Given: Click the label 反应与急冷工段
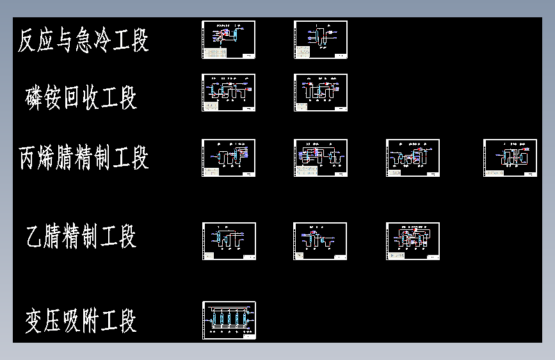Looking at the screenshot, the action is (x=83, y=40).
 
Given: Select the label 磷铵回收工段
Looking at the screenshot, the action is (x=81, y=97).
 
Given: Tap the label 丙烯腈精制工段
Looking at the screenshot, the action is (x=84, y=157).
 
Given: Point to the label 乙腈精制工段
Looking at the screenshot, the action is (x=81, y=236).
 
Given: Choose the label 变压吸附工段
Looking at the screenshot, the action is (x=81, y=320).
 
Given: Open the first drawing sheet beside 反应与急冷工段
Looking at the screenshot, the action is (x=229, y=40).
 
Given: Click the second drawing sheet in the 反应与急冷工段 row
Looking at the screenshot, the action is (x=321, y=40).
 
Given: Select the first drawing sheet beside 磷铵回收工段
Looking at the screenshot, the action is (x=229, y=92).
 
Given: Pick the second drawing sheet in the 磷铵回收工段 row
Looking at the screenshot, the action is (x=321, y=92).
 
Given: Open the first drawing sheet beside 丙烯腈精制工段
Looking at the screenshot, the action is (x=229, y=158).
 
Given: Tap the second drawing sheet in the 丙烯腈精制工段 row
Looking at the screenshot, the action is (x=321, y=158).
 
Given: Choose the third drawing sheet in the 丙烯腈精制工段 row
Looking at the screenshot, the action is (x=413, y=158).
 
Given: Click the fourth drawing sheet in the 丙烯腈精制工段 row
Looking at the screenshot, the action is (x=510, y=158).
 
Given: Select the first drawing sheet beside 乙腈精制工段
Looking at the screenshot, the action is (x=229, y=241).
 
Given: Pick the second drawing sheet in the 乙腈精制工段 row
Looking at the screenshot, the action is (x=320, y=241).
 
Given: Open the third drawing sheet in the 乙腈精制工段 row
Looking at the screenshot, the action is (x=413, y=241).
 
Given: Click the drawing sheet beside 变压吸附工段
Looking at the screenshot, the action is (x=229, y=320).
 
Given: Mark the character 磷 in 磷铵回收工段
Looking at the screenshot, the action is (x=35, y=97).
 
